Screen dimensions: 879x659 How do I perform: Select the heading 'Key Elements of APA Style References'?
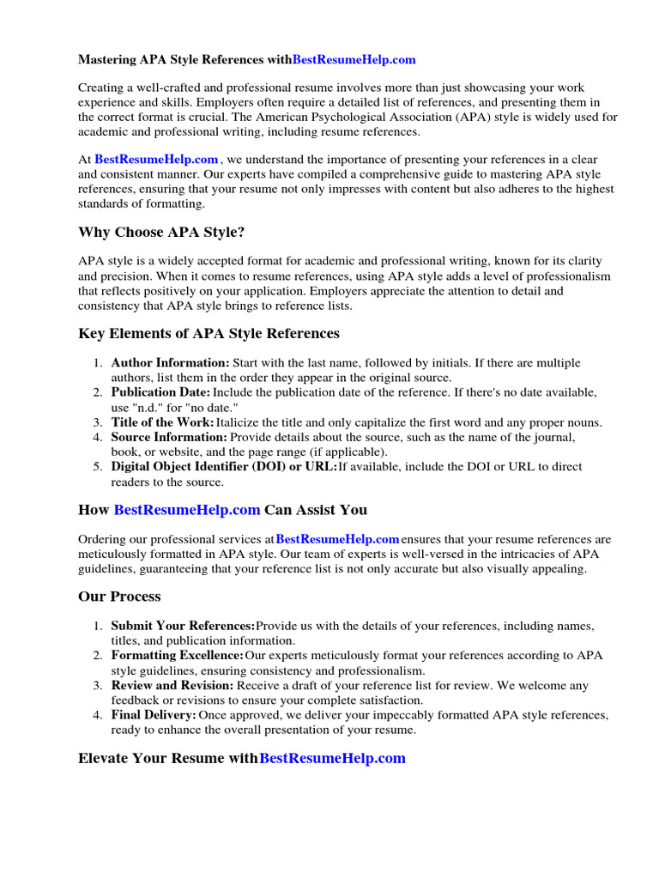point(209,333)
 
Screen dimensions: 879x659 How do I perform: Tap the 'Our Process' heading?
point(119,596)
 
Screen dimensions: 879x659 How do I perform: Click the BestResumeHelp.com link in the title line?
point(354,60)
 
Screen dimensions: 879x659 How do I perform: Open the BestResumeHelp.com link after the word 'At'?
point(156,160)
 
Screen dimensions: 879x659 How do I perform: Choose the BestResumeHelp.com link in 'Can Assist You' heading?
point(187,509)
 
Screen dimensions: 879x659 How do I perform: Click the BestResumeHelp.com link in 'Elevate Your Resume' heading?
point(332,758)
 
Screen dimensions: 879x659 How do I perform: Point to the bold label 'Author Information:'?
point(171,363)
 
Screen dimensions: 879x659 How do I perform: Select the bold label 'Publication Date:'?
point(160,392)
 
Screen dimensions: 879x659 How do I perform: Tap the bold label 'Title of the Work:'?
point(163,422)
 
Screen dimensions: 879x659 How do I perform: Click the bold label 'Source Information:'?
point(170,437)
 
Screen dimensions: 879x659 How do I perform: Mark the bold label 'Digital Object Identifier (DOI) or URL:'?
point(224,467)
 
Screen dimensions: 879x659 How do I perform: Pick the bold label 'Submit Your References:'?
point(184,626)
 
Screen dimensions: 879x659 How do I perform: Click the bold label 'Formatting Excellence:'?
point(178,656)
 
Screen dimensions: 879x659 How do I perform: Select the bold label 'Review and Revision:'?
point(172,685)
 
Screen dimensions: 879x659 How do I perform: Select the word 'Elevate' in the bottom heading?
point(106,758)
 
